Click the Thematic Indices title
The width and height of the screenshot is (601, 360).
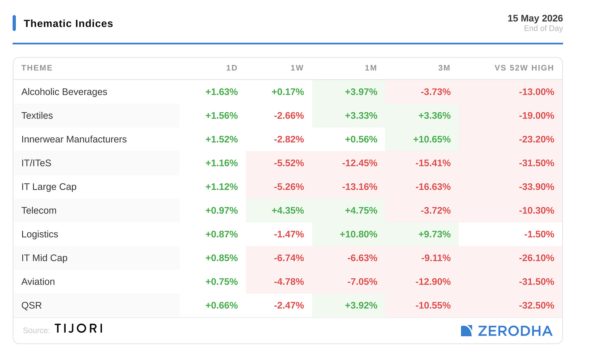tap(69, 24)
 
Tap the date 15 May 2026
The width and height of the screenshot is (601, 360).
tap(535, 18)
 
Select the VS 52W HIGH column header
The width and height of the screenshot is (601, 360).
tap(524, 68)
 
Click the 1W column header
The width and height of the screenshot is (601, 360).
tap(297, 68)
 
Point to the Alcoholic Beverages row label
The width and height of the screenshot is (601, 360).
tap(64, 92)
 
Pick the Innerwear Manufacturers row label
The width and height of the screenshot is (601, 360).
tap(74, 139)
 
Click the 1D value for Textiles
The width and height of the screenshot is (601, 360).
tap(222, 116)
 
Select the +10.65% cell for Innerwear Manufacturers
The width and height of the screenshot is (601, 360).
tap(432, 139)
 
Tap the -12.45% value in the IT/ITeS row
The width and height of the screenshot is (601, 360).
tap(360, 163)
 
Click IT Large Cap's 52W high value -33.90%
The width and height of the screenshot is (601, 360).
tap(536, 187)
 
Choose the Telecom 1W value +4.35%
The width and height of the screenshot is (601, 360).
tap(288, 211)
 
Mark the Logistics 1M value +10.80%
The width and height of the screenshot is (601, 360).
tap(358, 234)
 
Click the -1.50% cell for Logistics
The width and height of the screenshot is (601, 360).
tap(539, 234)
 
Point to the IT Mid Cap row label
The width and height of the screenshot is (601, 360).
tap(44, 258)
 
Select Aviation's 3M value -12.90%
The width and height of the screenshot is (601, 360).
tap(433, 282)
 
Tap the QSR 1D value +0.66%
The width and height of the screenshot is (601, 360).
tap(222, 305)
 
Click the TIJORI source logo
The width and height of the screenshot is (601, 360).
tap(78, 328)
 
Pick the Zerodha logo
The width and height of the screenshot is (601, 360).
tap(506, 331)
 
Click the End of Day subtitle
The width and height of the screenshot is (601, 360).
tap(543, 28)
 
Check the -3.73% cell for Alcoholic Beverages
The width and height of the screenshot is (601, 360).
tap(436, 92)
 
